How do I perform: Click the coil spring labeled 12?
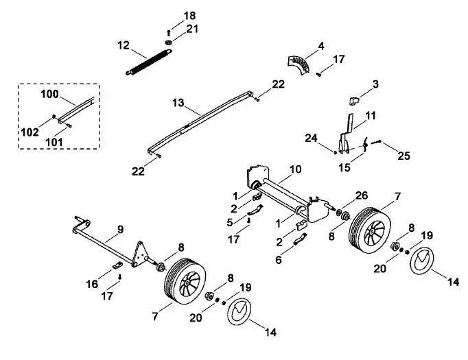pyautogui.click(x=149, y=62)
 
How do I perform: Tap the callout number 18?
pyautogui.click(x=189, y=16)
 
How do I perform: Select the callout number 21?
pyautogui.click(x=192, y=29)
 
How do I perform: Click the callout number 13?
pyautogui.click(x=178, y=103)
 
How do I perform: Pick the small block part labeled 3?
pyautogui.click(x=354, y=101)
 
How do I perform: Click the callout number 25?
pyautogui.click(x=403, y=156)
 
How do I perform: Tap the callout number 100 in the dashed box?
pyautogui.click(x=49, y=94)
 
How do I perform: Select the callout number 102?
pyautogui.click(x=30, y=132)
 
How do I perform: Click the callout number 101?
pyautogui.click(x=54, y=142)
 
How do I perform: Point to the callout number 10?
pyautogui.click(x=296, y=169)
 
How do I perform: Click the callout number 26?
pyautogui.click(x=362, y=195)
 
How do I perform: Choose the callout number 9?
pyautogui.click(x=120, y=230)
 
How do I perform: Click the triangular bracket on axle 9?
pyautogui.click(x=139, y=253)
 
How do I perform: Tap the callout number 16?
pyautogui.click(x=92, y=284)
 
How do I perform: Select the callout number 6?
pyautogui.click(x=279, y=260)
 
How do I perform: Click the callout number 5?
pyautogui.click(x=229, y=222)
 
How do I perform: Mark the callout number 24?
pyautogui.click(x=311, y=138)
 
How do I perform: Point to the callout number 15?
pyautogui.click(x=344, y=167)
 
